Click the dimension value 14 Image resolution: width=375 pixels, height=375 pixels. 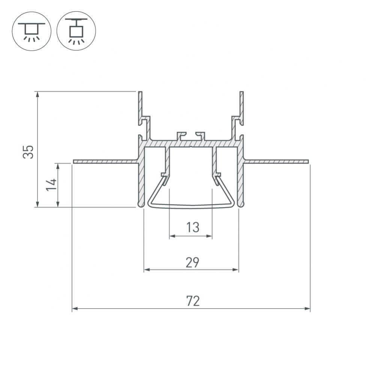click(51, 184)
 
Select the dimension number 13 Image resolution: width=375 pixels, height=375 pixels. click(192, 227)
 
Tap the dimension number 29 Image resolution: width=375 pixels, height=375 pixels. click(192, 262)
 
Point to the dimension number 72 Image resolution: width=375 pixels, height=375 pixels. click(193, 301)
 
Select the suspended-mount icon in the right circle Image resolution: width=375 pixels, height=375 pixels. click(76, 31)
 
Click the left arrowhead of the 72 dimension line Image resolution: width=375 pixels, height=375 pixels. click(75, 309)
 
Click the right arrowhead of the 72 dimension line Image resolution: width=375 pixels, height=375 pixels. click(307, 309)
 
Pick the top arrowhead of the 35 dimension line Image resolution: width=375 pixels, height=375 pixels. click(37, 94)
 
